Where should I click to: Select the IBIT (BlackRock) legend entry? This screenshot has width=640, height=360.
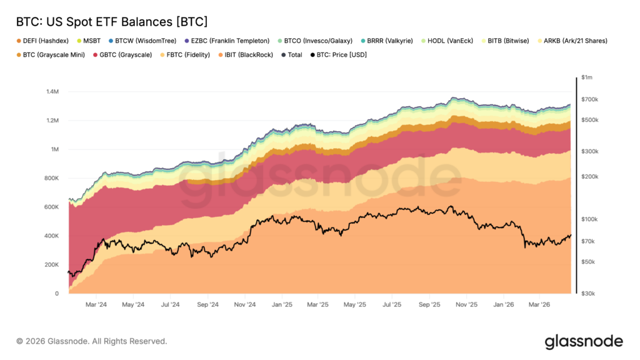click(246, 55)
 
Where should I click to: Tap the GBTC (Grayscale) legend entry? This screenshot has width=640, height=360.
click(126, 55)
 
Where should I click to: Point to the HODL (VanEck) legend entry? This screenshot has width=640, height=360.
click(449, 41)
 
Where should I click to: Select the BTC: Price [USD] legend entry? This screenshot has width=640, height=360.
click(341, 55)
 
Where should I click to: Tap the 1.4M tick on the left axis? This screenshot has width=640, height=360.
click(52, 92)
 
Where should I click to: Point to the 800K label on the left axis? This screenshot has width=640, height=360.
click(51, 178)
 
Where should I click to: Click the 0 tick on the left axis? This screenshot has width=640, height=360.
click(57, 293)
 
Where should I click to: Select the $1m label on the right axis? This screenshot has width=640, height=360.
click(587, 77)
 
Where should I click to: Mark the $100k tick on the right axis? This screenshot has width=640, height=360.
click(589, 219)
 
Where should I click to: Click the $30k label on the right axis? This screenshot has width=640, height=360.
click(588, 293)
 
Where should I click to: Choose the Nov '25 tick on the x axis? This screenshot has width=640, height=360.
click(466, 305)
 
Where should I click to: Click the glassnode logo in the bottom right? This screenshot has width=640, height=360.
click(583, 341)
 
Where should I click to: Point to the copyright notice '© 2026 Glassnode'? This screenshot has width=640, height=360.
click(91, 341)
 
